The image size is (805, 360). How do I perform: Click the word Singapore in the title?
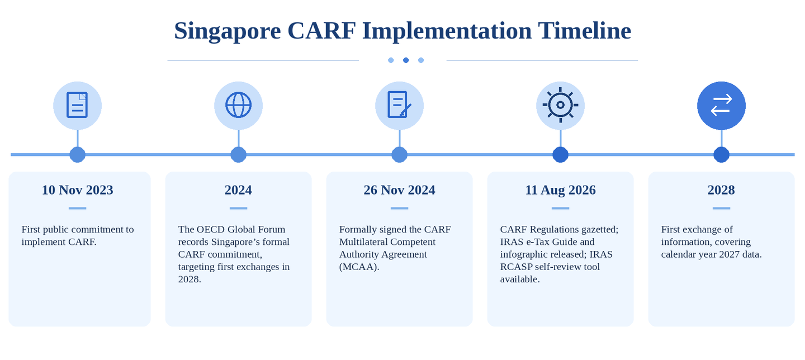[x=227, y=31]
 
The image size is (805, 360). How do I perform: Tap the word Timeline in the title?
[x=584, y=31]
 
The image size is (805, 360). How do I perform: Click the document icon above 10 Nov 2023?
[x=77, y=105]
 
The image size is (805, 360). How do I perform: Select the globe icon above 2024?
[x=238, y=105]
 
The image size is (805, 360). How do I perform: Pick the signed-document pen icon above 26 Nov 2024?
[x=399, y=105]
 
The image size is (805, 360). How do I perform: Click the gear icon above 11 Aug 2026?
[x=560, y=105]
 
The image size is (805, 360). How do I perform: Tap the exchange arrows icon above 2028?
[x=721, y=105]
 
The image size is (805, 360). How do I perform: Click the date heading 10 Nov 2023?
[x=77, y=190]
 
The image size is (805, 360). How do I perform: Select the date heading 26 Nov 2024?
[x=399, y=190]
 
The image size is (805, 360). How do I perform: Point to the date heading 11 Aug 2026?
[x=560, y=190]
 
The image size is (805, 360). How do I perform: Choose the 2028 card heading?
[x=721, y=190]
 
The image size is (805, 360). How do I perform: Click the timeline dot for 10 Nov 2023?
[x=77, y=155]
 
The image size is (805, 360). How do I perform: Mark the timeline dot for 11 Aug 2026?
[x=560, y=155]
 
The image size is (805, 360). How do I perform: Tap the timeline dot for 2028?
[x=721, y=155]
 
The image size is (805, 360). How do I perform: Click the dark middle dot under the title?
[x=406, y=60]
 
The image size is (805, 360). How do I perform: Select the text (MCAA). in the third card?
[x=359, y=267]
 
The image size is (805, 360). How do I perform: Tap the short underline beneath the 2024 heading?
[x=238, y=209]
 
